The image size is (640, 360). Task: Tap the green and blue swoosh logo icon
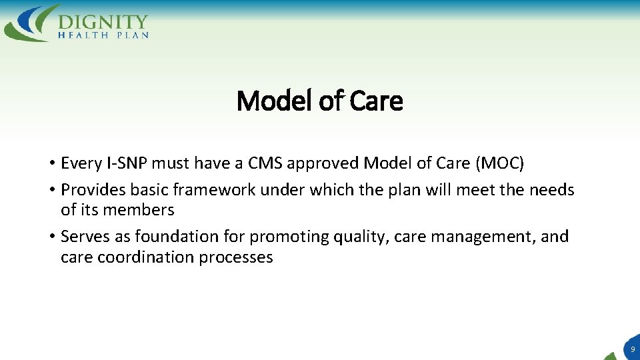point(30,23)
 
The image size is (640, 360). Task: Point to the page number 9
point(632,349)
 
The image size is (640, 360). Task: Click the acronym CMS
point(263,163)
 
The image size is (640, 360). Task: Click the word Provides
point(93,190)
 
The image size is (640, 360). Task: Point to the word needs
point(551,190)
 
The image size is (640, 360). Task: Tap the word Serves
point(84,237)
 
